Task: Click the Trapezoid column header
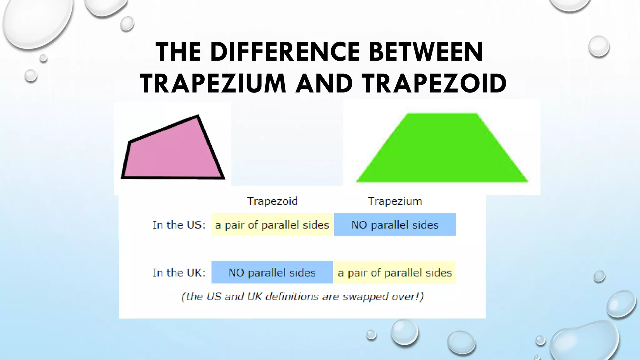pyautogui.click(x=272, y=201)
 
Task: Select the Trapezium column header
pyautogui.click(x=395, y=201)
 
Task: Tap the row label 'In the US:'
pyautogui.click(x=179, y=225)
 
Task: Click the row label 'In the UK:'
pyautogui.click(x=179, y=272)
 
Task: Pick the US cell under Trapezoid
pyautogui.click(x=272, y=225)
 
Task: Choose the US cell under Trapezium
pyautogui.click(x=395, y=225)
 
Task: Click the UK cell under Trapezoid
pyautogui.click(x=272, y=272)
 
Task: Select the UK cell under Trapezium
pyautogui.click(x=395, y=272)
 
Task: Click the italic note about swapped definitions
pyautogui.click(x=302, y=296)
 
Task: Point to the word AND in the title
pyautogui.click(x=324, y=83)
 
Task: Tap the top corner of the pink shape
pyautogui.click(x=197, y=116)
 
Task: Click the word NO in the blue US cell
pyautogui.click(x=359, y=225)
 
